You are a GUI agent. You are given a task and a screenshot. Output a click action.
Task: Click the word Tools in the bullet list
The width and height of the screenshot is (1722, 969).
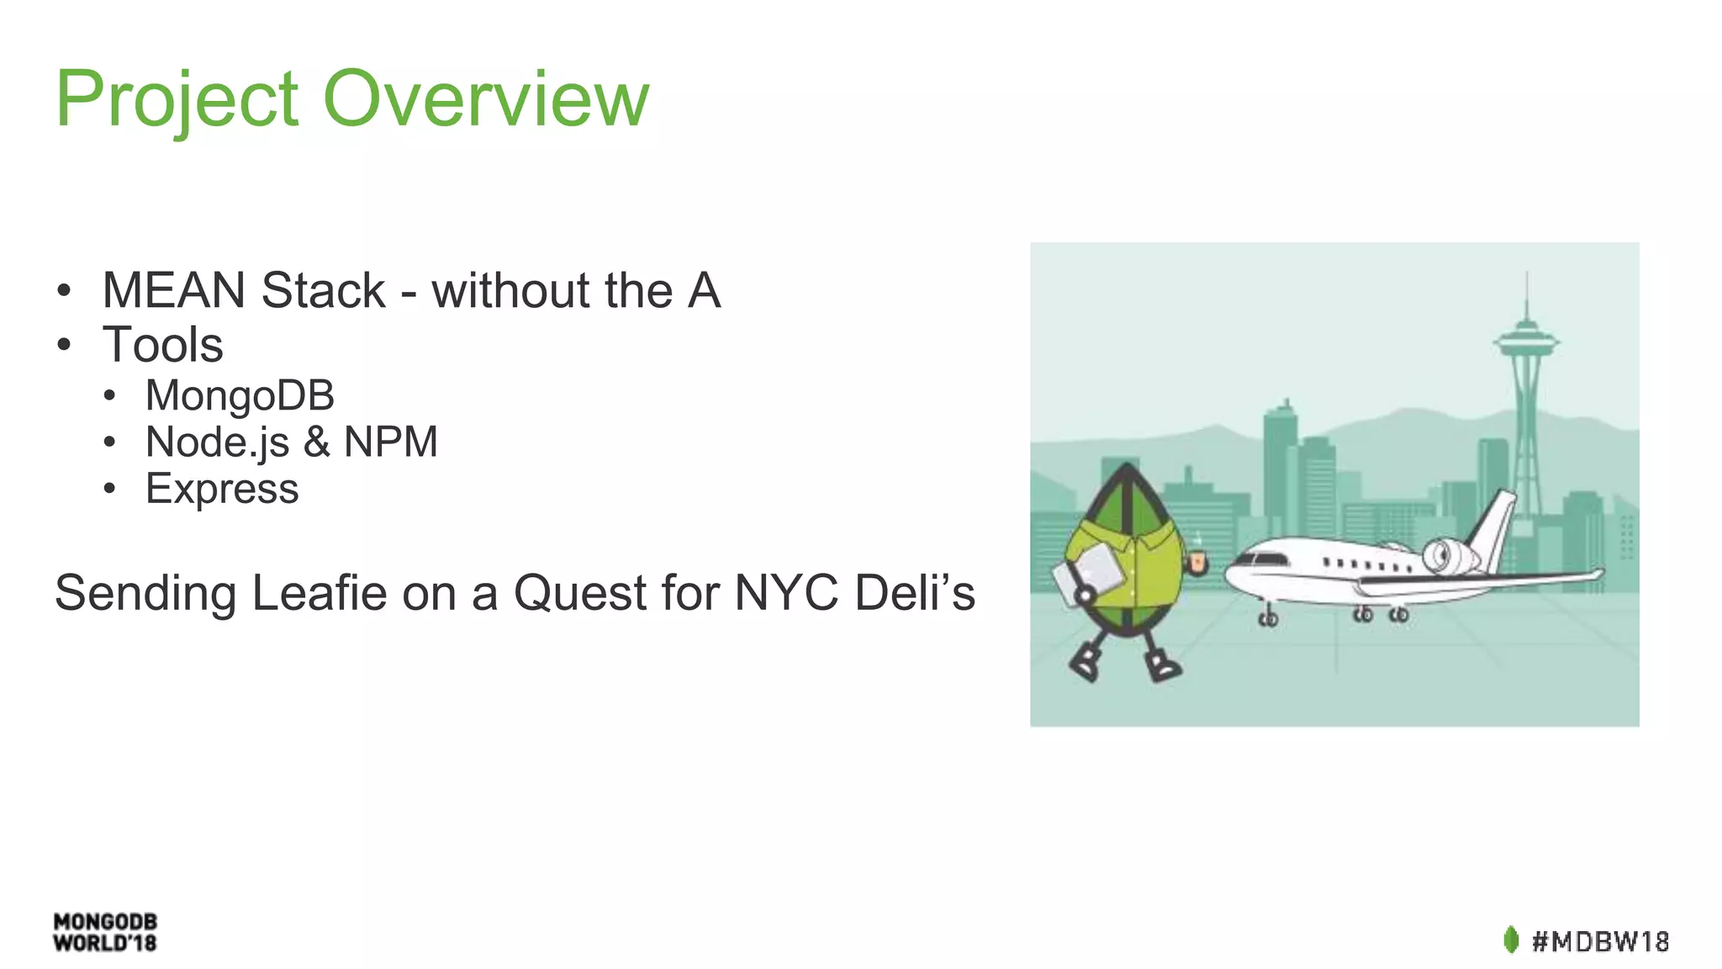163,345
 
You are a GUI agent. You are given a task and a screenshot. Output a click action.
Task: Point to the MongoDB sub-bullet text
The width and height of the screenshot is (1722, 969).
240,395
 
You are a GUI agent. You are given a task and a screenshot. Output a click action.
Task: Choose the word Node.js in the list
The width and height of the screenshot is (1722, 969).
217,442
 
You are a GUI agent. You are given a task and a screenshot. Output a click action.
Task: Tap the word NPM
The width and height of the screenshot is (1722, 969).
391,442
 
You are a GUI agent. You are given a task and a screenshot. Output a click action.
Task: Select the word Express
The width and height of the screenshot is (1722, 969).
222,489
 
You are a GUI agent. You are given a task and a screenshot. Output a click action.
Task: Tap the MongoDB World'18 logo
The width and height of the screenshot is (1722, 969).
105,932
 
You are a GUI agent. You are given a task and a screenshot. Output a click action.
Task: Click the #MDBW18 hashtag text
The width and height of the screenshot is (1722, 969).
1600,940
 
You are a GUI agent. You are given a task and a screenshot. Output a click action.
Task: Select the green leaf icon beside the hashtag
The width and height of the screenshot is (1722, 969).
1511,940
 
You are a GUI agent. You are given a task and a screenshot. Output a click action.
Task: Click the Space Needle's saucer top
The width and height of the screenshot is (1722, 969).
1526,340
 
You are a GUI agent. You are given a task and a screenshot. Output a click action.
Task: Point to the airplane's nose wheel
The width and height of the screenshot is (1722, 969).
1268,619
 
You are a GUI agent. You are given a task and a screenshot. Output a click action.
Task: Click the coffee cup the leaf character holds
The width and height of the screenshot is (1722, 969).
1196,562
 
